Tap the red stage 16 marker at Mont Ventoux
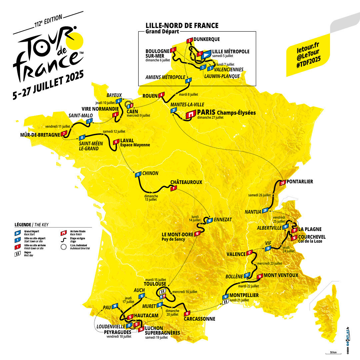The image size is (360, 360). click(x=260, y=276)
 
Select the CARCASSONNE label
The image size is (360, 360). click(x=199, y=319)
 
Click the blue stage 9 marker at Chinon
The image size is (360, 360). click(x=137, y=174)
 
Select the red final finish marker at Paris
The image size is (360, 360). click(x=191, y=114)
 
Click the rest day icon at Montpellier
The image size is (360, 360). click(x=226, y=301)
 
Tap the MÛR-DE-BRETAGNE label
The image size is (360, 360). click(x=40, y=135)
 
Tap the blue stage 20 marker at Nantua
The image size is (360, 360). click(x=265, y=210)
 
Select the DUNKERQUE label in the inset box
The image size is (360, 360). click(x=206, y=39)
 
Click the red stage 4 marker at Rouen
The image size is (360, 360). click(x=162, y=95)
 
